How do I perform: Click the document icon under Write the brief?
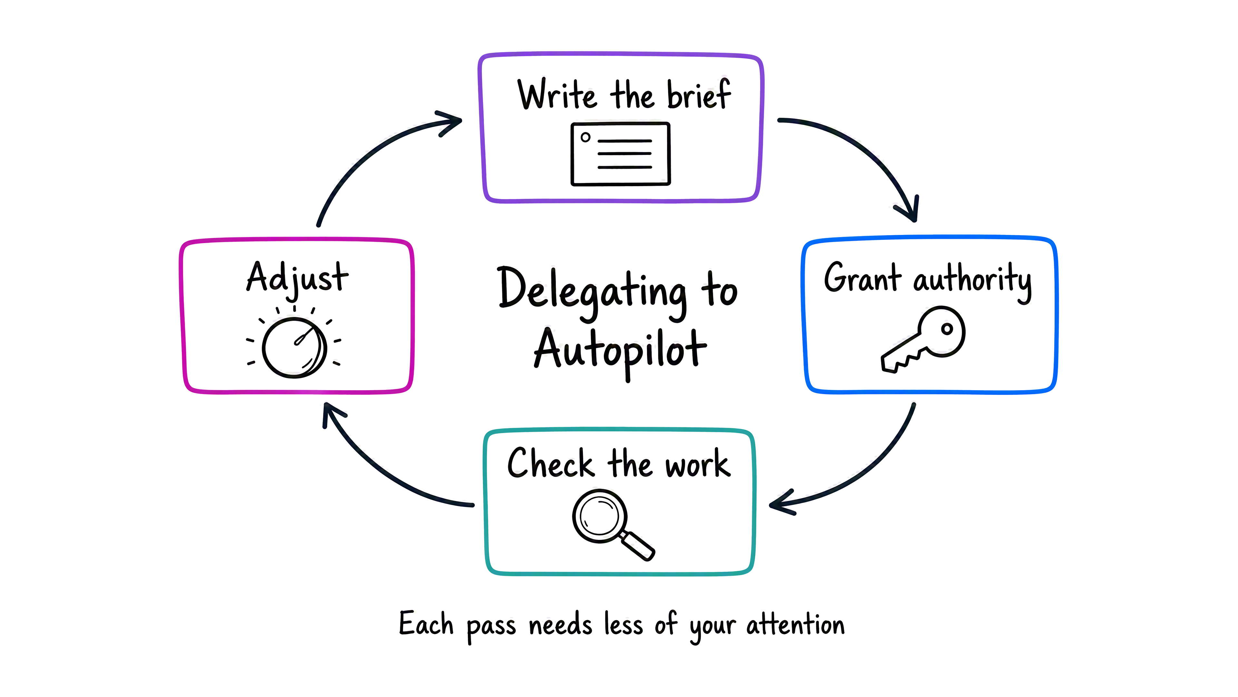[x=620, y=154]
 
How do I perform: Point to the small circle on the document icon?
[x=585, y=137]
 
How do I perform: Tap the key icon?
[x=923, y=339]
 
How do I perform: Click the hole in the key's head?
[x=947, y=329]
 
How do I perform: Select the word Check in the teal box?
[x=551, y=463]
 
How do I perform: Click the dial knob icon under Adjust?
[x=294, y=347]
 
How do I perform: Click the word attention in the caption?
[x=795, y=625]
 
